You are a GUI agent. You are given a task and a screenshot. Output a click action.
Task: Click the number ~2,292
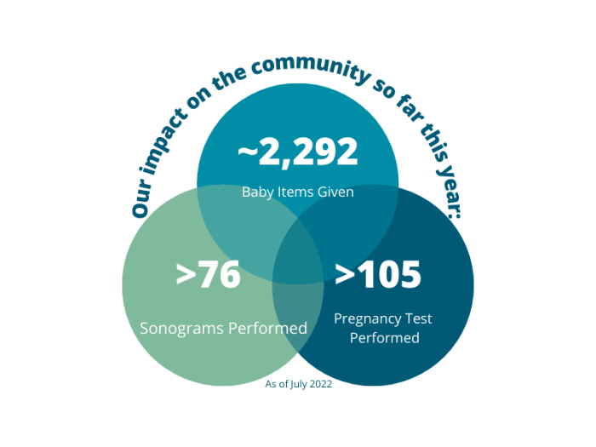[x=298, y=152]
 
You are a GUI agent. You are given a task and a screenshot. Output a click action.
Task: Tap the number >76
[x=209, y=275]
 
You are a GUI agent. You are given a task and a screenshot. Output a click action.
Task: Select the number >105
[x=378, y=274]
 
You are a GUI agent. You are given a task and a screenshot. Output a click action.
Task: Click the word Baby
[x=258, y=192]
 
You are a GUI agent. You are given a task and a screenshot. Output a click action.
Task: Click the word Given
[x=336, y=192]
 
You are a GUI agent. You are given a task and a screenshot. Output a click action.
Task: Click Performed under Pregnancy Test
[x=382, y=338]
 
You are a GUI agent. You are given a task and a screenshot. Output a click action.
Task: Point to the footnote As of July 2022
[x=298, y=384]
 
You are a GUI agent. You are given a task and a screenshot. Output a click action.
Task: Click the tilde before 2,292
[x=248, y=152]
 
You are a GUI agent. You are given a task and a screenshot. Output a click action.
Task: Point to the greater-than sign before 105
[x=345, y=274]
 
